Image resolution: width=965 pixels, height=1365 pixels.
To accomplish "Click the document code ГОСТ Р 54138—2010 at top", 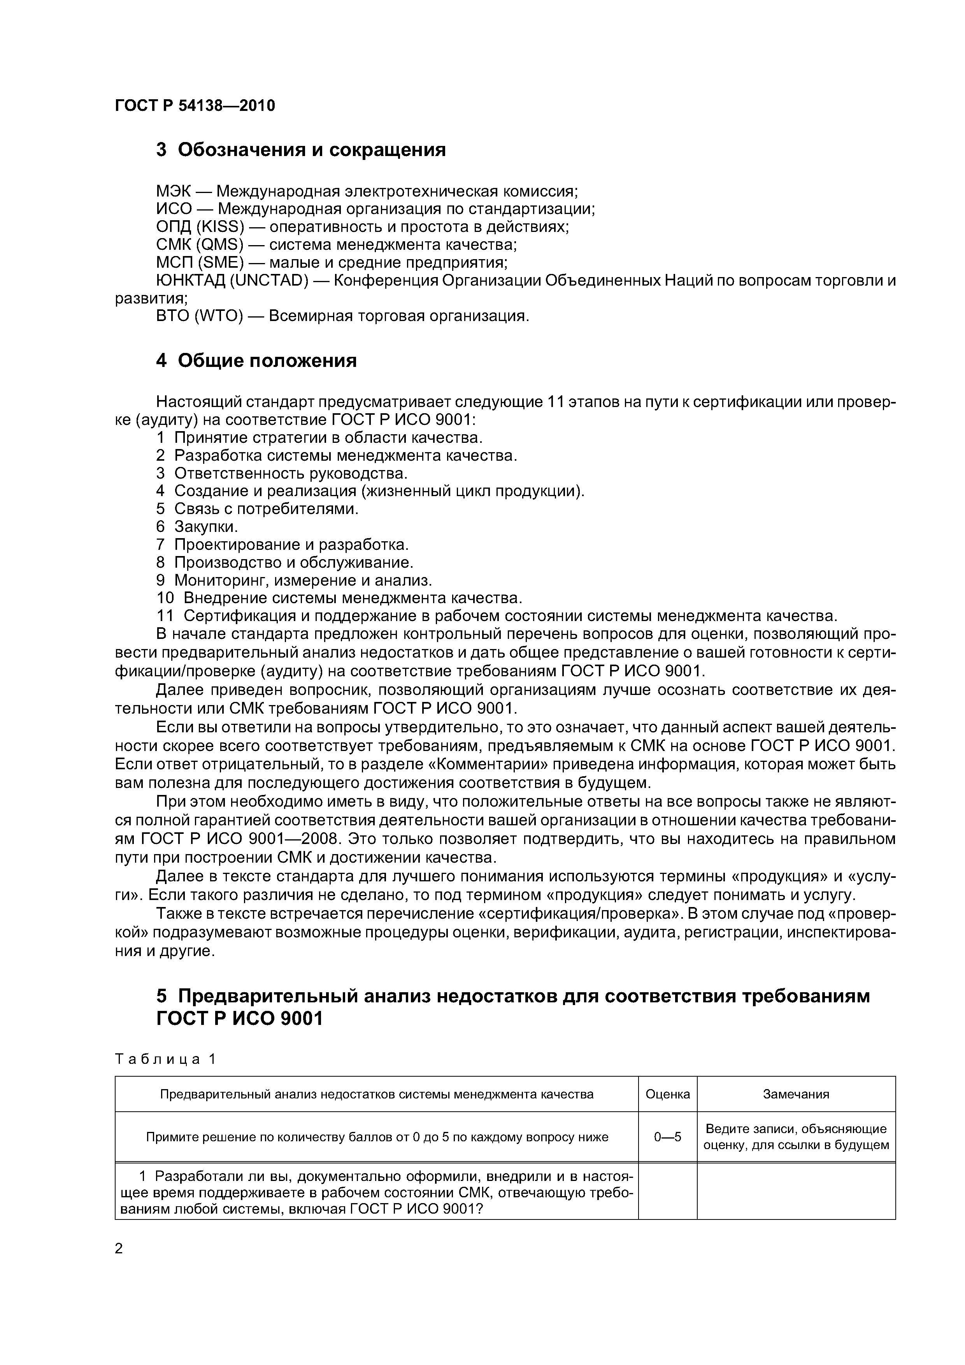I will click(195, 106).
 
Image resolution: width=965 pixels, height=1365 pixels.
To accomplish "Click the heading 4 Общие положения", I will click(256, 360).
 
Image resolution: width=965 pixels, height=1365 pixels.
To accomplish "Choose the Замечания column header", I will click(796, 1094).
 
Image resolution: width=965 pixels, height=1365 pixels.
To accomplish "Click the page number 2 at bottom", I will click(119, 1249).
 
